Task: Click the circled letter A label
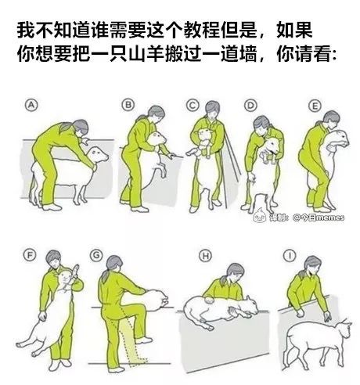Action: click(31, 105)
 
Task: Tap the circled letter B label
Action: click(128, 105)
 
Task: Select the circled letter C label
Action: click(193, 106)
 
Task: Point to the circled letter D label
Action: click(250, 106)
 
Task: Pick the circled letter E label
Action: click(315, 106)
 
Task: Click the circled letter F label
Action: click(30, 255)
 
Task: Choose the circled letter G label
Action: click(96, 255)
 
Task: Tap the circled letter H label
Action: click(206, 256)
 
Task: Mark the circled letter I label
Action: click(290, 256)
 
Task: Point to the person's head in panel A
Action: click(80, 128)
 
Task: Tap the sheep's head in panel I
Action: click(343, 329)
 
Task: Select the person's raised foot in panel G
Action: click(143, 340)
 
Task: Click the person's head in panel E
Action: click(332, 120)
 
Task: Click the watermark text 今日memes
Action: click(319, 217)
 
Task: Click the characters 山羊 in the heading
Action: click(147, 54)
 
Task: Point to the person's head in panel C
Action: click(212, 110)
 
